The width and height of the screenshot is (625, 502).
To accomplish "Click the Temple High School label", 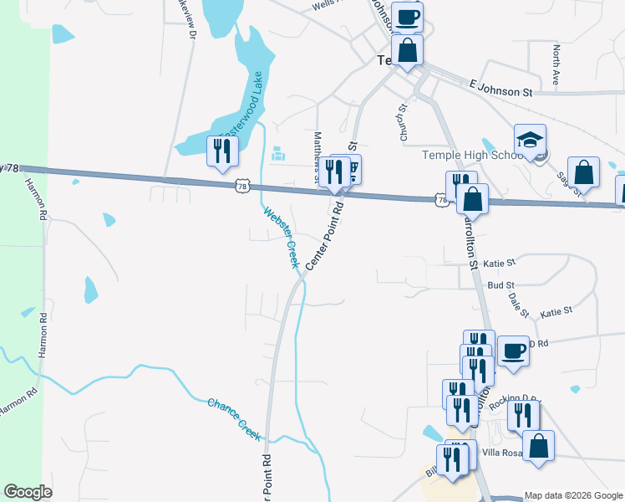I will [x=474, y=155].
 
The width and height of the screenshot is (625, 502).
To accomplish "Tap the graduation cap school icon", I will [x=531, y=141].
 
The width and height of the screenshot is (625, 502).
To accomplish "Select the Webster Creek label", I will [x=282, y=238].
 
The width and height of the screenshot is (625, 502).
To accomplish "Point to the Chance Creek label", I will [x=235, y=418].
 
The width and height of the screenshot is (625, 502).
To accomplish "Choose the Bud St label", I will [x=501, y=285].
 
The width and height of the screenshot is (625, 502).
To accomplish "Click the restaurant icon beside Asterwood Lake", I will [x=221, y=151].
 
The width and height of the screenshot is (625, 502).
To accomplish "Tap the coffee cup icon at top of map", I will [x=407, y=17].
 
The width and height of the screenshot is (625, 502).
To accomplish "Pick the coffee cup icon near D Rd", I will [x=513, y=350].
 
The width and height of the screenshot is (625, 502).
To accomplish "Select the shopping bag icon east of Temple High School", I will [x=583, y=172].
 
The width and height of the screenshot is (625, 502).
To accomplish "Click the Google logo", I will [x=28, y=491].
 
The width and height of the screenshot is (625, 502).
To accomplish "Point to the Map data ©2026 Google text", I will [x=572, y=495].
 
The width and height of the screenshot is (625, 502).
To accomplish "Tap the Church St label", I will [x=401, y=122].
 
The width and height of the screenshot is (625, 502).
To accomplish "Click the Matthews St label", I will [x=317, y=156].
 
